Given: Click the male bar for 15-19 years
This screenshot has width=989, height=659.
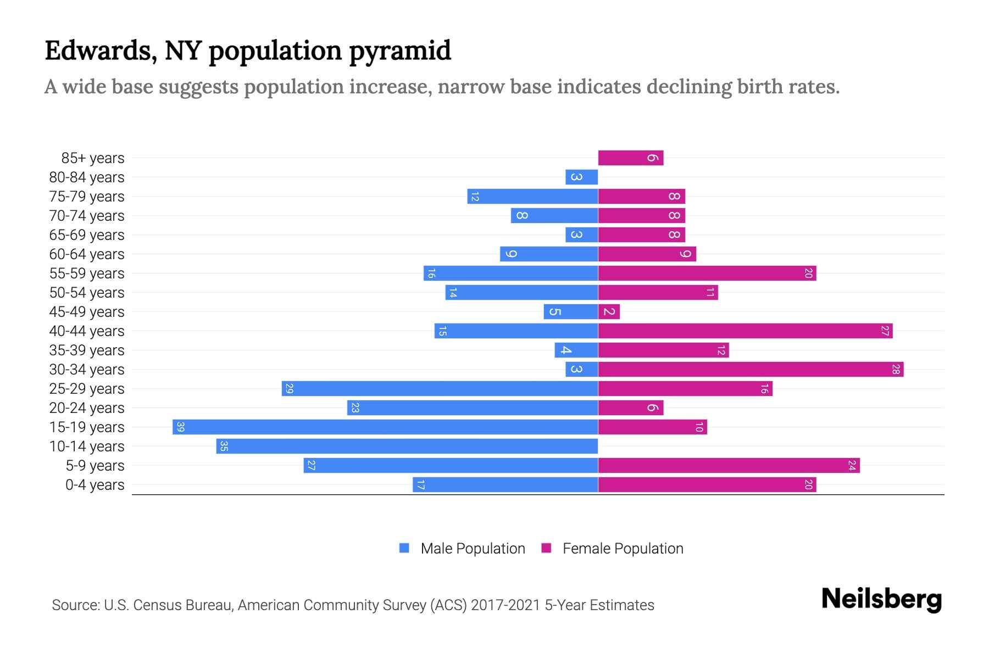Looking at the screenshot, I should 385,427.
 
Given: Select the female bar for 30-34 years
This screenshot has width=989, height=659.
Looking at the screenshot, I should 751,370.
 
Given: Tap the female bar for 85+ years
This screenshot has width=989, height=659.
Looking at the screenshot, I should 631,158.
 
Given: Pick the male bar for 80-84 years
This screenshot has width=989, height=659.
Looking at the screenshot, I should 581,177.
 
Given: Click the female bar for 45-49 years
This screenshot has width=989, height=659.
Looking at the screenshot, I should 609,312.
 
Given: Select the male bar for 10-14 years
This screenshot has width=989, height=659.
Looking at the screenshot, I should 407,446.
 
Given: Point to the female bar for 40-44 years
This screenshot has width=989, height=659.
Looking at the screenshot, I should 745,331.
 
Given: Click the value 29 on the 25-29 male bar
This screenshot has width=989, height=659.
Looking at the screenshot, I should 290,389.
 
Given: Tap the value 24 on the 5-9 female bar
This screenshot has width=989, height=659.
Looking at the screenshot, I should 852,466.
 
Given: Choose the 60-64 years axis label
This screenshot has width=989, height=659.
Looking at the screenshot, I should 87,254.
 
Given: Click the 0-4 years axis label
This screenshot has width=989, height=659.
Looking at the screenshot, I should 95,485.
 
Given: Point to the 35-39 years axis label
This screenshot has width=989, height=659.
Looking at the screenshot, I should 87,350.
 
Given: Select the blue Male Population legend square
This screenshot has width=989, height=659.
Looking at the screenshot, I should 404,548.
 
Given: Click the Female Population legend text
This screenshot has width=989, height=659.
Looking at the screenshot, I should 623,549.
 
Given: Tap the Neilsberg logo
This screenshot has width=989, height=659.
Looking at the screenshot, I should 881,599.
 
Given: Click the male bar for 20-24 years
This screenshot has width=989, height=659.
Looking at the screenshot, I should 473,408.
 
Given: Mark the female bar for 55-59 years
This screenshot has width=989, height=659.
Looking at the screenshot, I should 707,273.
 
